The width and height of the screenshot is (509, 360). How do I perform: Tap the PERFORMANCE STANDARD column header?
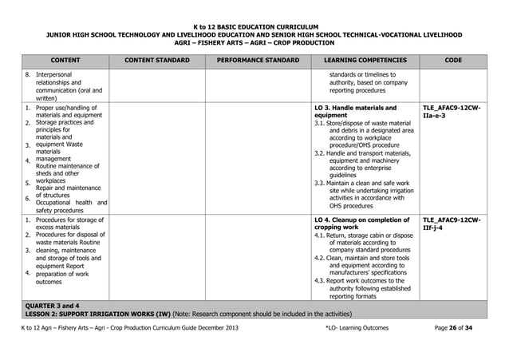[x=258, y=60]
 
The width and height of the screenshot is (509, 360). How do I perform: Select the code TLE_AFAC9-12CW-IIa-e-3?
[x=450, y=111]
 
